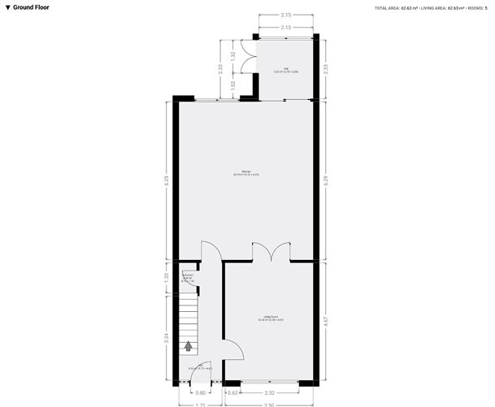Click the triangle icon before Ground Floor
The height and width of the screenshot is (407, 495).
point(7,7)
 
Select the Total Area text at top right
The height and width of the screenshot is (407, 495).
point(397,7)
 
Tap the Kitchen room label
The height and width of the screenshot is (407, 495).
point(246,172)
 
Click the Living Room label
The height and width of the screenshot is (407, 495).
point(271,318)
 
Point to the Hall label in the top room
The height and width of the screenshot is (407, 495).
point(286,70)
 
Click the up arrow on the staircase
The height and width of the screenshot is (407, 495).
point(189,345)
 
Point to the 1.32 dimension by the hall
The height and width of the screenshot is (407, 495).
point(233,56)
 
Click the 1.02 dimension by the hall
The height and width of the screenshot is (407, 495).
point(233,83)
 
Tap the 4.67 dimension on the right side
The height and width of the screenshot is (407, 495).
point(326,321)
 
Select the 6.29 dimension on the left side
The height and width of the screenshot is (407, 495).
point(167,180)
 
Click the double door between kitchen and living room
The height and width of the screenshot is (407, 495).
point(270,252)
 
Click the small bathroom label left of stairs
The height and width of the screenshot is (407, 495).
point(188,278)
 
